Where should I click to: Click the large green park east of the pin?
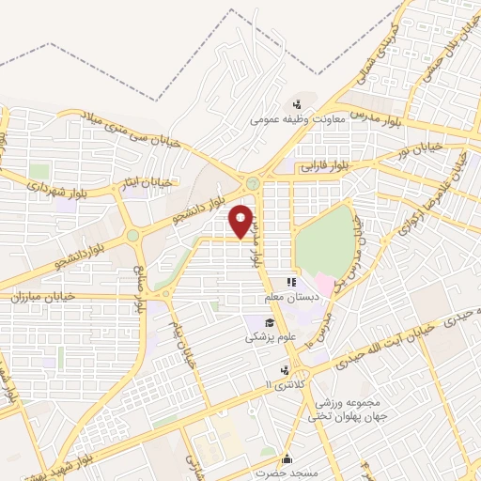[x=323, y=239]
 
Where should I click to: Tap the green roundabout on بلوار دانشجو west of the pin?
[x=133, y=236]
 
